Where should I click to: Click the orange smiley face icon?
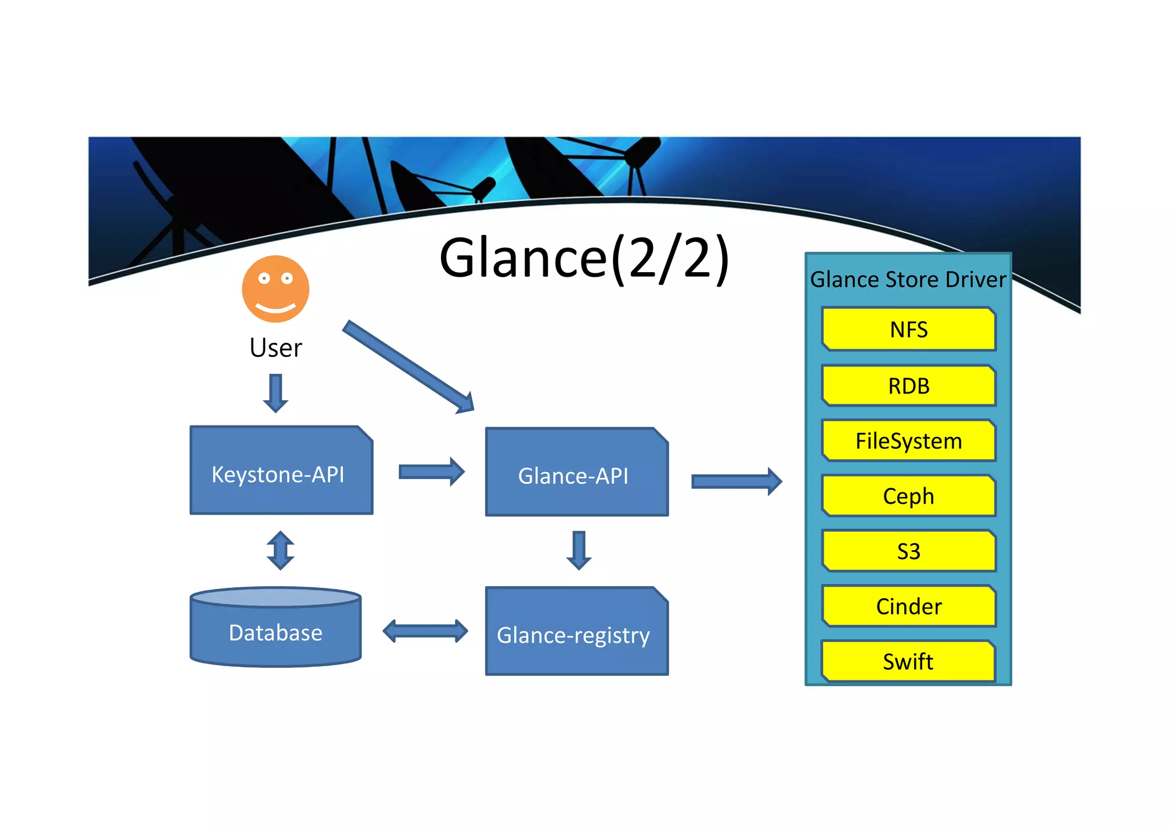[x=275, y=289]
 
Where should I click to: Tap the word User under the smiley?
[x=275, y=348]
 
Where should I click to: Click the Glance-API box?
[x=576, y=472]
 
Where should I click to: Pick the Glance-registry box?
[x=576, y=632]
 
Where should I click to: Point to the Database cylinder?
[x=275, y=629]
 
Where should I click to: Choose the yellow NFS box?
[x=908, y=329]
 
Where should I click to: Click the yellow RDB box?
[x=908, y=385]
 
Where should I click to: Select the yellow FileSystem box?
[x=908, y=441]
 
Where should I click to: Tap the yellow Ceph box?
[x=908, y=496]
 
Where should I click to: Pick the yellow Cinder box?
[x=908, y=606]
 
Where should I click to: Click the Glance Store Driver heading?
[x=908, y=280]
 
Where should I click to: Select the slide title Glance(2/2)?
[x=584, y=258]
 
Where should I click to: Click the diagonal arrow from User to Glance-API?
[x=408, y=367]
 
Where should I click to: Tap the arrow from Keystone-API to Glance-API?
[x=431, y=472]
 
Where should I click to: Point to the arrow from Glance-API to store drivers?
[x=736, y=481]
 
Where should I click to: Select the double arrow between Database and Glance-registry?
[x=425, y=631]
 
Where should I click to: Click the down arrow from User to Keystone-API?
[x=275, y=393]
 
